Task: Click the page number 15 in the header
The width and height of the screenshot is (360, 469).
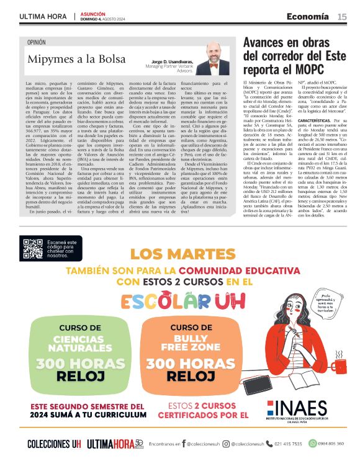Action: [342, 16]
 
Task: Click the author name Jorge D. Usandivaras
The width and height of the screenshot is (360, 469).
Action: [172, 62]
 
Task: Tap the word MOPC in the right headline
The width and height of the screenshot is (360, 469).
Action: [311, 71]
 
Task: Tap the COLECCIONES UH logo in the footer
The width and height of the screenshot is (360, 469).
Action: [54, 444]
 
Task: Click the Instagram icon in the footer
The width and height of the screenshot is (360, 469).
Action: [225, 444]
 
